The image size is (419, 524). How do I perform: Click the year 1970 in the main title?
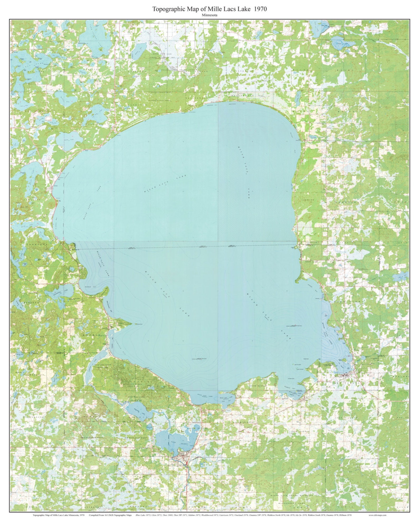pos(260,9)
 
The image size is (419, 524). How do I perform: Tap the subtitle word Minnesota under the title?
pos(209,15)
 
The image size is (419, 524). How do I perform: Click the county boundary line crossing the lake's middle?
pos(185,247)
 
